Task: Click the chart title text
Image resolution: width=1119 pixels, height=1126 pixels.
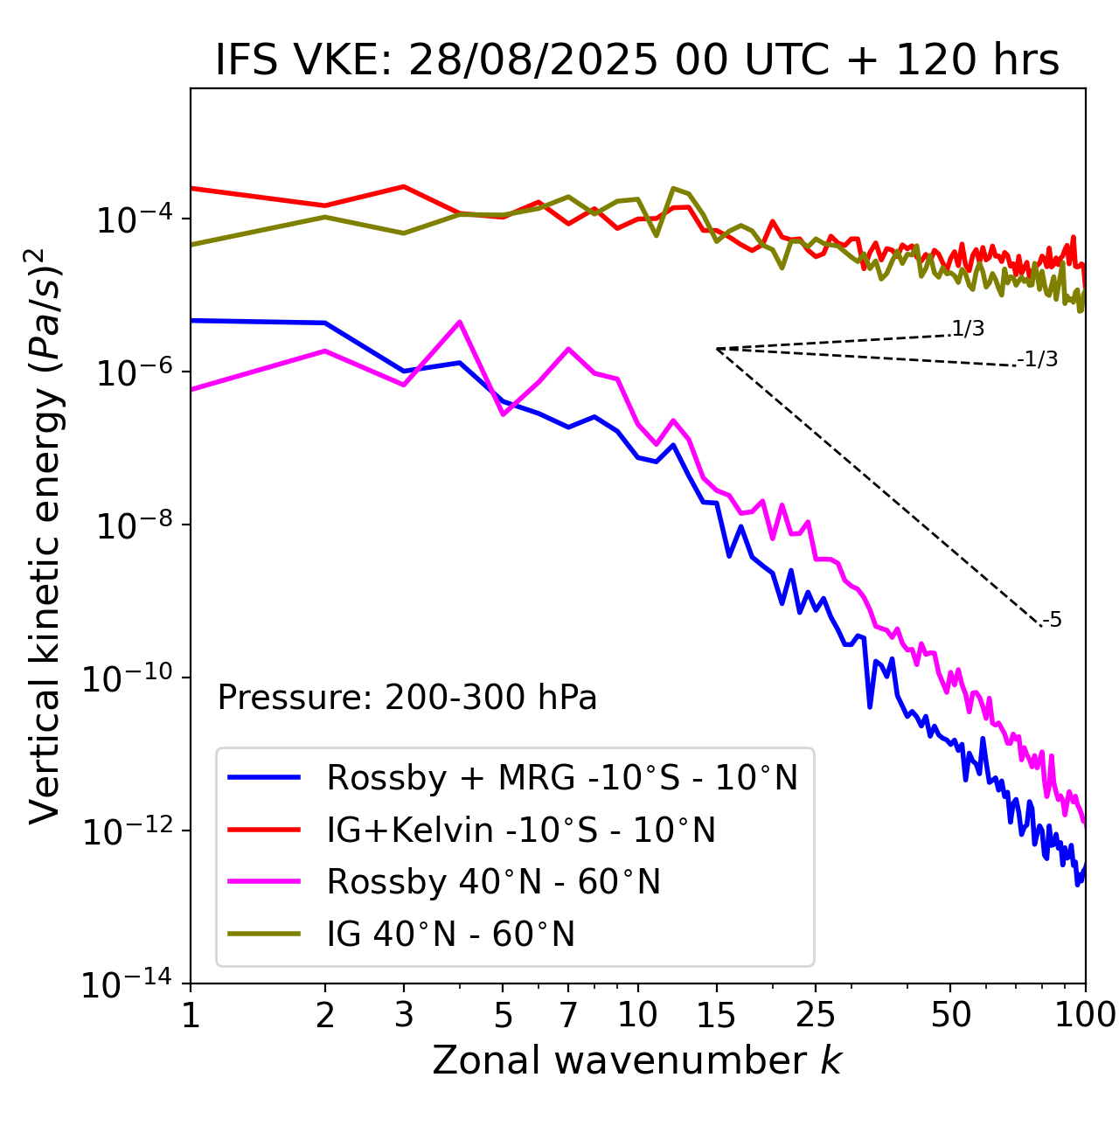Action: coord(636,60)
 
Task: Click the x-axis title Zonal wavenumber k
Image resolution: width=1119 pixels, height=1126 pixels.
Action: coord(636,1060)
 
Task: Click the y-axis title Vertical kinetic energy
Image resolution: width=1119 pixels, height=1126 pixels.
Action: coord(45,535)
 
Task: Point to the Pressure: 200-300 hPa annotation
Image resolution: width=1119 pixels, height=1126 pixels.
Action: coord(407,698)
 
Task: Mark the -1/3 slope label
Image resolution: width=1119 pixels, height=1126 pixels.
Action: coord(1038,359)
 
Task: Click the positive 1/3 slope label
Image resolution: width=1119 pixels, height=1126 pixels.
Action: coord(968,329)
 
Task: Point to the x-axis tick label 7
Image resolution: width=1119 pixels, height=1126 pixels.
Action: coord(568,1015)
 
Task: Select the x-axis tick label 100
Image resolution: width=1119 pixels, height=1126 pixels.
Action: coord(1085,1015)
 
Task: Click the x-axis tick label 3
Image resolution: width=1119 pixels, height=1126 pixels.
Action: coord(404,1015)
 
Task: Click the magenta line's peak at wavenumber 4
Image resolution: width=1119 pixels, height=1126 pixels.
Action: coord(459,322)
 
